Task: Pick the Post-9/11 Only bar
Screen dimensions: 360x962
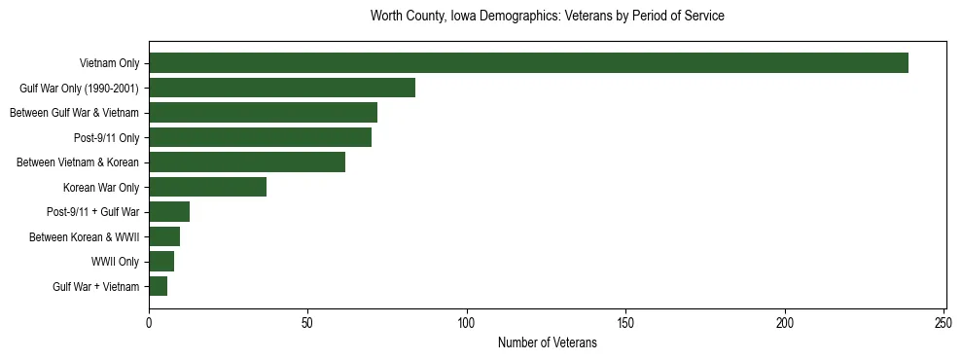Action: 260,137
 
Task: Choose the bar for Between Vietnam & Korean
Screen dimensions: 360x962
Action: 247,162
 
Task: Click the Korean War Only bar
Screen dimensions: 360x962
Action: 207,187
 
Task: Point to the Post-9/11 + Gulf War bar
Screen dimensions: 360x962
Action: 169,212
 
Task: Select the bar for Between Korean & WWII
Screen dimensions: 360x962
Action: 164,236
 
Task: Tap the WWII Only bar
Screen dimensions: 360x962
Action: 161,262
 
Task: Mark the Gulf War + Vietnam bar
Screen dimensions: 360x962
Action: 159,286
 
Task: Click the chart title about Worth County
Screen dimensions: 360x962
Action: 548,17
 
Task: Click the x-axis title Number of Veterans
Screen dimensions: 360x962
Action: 548,343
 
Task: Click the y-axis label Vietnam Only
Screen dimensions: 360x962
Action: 111,63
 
